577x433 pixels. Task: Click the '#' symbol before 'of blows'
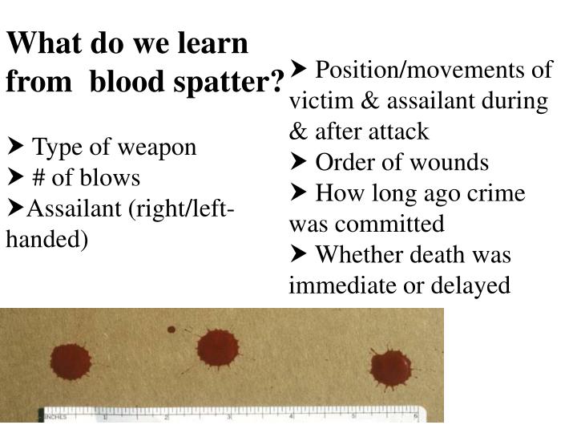click(x=40, y=176)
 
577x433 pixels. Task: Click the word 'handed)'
click(x=46, y=239)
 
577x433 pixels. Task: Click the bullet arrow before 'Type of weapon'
click(x=15, y=148)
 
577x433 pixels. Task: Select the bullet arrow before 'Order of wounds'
click(x=298, y=163)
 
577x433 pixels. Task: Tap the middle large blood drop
click(x=217, y=350)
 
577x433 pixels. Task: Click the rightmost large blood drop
click(x=391, y=367)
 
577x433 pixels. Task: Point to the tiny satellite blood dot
click(x=171, y=330)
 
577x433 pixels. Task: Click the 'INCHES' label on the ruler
click(x=55, y=416)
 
